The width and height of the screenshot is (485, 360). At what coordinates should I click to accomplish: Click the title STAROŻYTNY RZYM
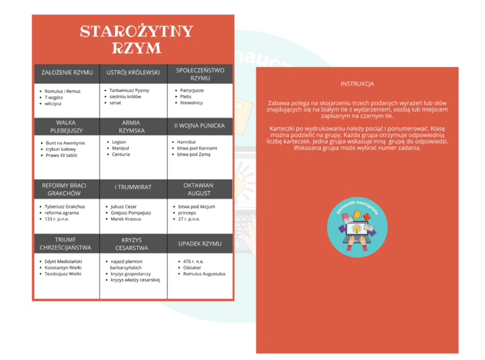click(x=132, y=39)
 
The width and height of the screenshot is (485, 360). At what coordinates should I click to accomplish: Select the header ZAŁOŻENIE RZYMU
click(x=67, y=72)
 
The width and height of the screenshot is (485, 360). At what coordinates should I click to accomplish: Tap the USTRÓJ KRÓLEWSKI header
click(x=133, y=72)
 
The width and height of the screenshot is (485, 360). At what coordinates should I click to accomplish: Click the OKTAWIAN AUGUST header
click(x=200, y=189)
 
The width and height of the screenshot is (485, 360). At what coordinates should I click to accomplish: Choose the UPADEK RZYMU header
click(x=200, y=243)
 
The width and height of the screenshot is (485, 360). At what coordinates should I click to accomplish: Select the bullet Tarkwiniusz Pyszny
click(x=130, y=90)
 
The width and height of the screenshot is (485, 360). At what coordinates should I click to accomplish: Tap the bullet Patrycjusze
click(x=192, y=90)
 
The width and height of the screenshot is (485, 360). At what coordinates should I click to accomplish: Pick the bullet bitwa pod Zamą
click(x=197, y=154)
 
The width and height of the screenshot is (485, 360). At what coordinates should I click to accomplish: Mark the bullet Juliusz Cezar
click(x=125, y=206)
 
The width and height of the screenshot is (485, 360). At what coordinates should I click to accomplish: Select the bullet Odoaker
click(x=192, y=267)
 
